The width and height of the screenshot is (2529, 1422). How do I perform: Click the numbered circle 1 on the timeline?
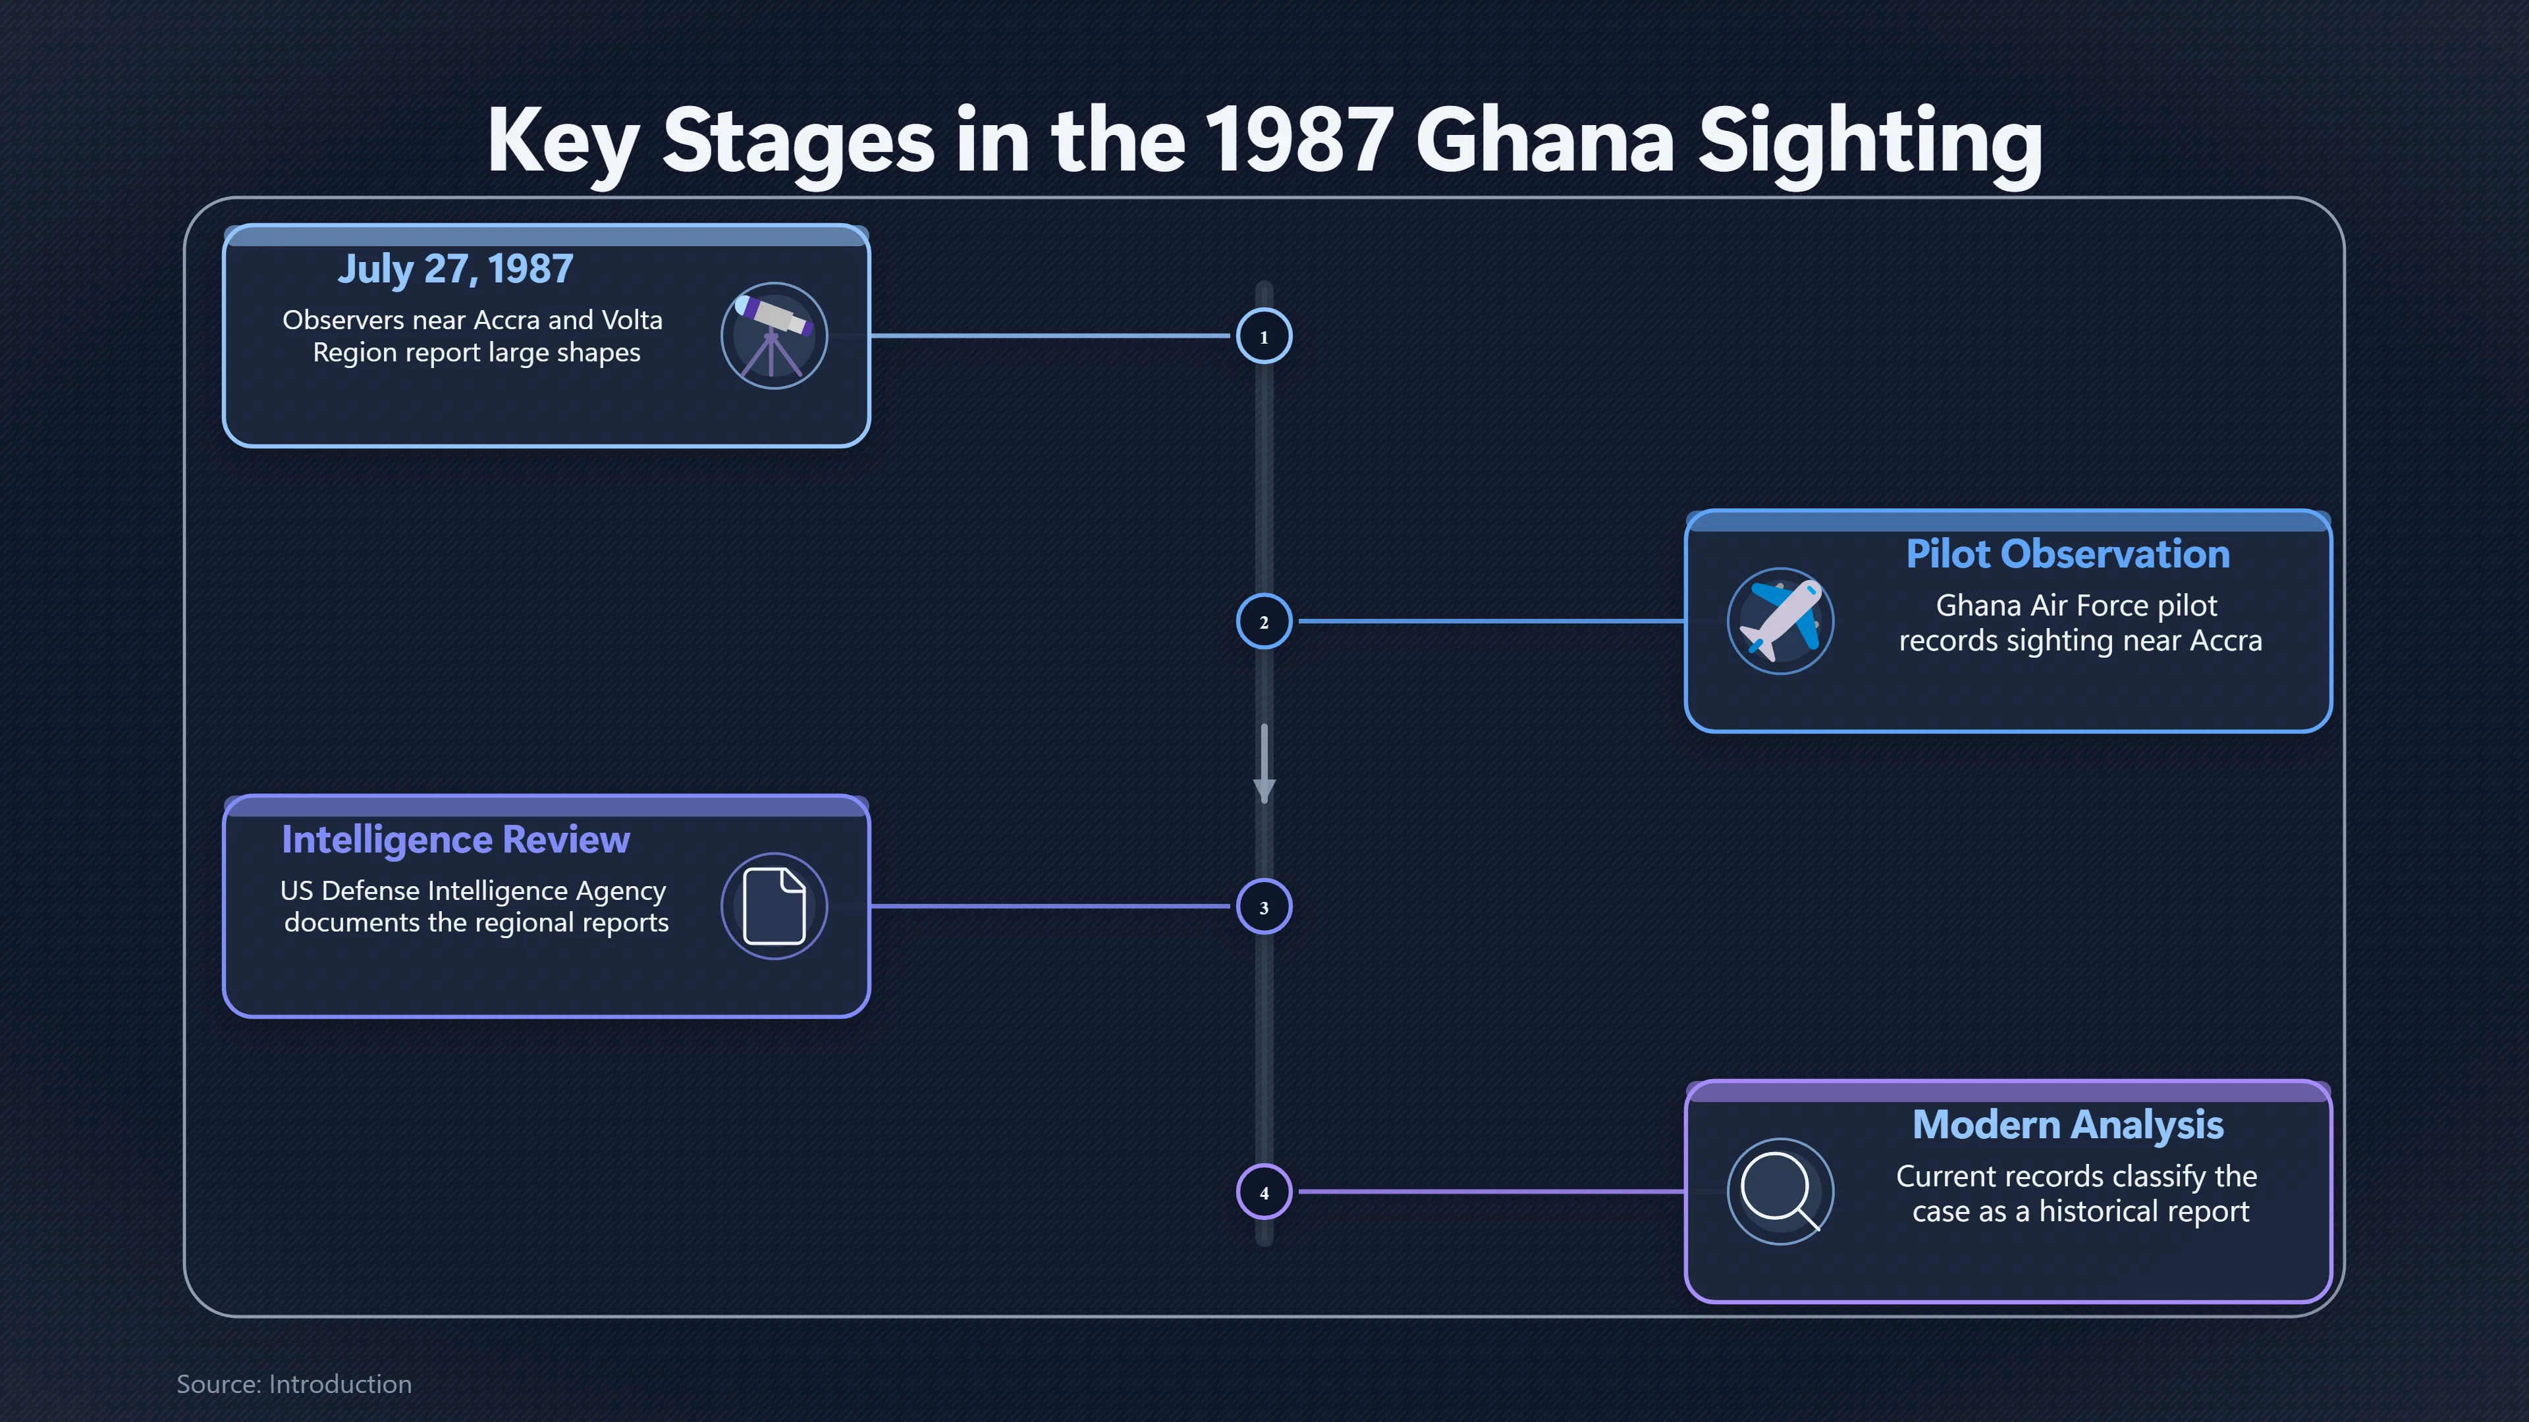[x=1264, y=336]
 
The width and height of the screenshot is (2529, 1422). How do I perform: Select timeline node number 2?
[x=1264, y=621]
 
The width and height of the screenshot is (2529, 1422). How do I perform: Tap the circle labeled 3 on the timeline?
[x=1264, y=907]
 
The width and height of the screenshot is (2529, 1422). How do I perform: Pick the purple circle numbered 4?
[x=1264, y=1192]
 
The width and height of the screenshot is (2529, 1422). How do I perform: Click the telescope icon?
[x=774, y=336]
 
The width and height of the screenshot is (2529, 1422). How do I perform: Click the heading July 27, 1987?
[x=456, y=269]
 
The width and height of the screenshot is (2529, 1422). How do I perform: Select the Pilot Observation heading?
[x=2067, y=554]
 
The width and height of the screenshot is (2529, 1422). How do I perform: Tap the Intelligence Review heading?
[x=456, y=840]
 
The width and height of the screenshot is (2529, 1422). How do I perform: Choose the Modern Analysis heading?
[x=2067, y=1124]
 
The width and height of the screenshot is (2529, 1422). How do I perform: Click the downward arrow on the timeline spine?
[x=1264, y=764]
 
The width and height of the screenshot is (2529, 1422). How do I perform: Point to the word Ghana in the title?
[x=1544, y=140]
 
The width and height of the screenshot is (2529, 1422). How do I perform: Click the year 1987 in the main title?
[x=1299, y=140]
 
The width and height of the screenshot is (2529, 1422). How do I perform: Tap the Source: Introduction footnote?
[x=294, y=1384]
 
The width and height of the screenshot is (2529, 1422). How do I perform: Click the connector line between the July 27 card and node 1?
[x=1050, y=336]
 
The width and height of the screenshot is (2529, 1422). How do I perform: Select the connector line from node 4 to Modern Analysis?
[x=1491, y=1192]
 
